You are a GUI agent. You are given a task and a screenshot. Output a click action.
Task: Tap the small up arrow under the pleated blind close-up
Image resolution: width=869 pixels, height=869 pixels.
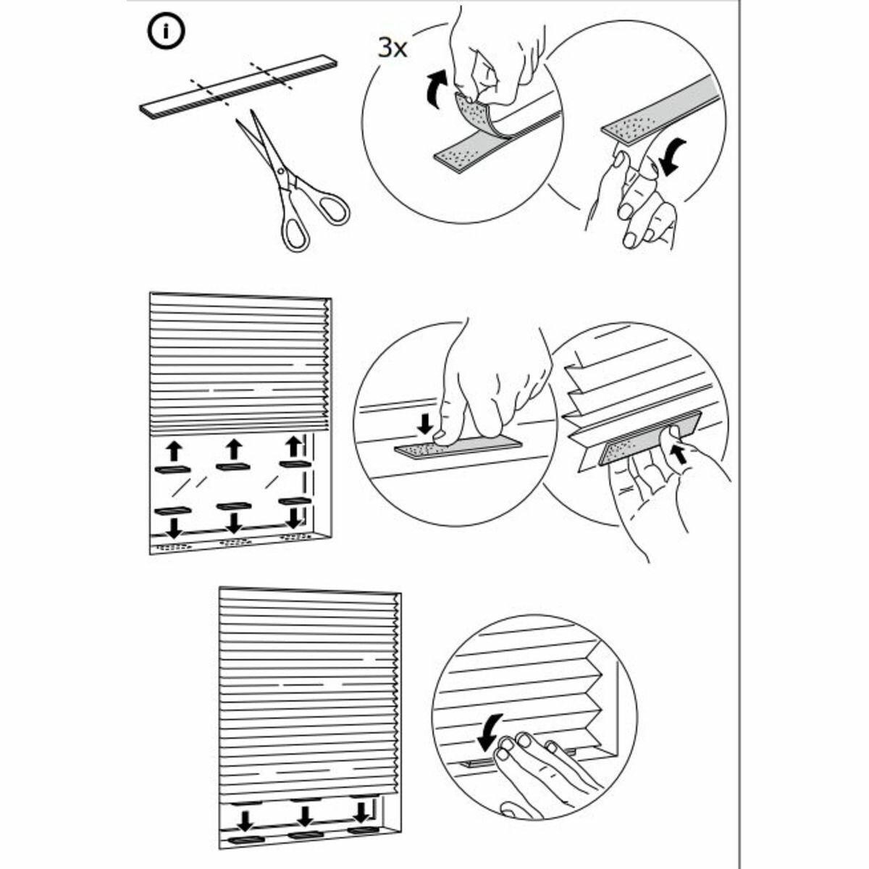click(x=678, y=456)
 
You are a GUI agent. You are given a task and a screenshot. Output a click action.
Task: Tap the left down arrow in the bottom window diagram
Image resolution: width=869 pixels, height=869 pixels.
click(x=245, y=820)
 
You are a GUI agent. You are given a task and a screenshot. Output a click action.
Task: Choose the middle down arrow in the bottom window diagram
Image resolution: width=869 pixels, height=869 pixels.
click(x=305, y=818)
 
